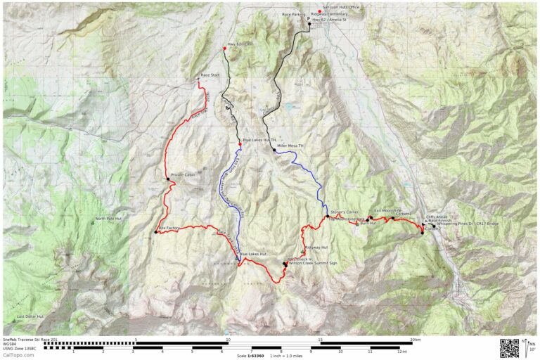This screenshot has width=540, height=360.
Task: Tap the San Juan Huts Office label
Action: [x=340, y=8]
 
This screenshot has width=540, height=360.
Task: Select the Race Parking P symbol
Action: [x=309, y=19]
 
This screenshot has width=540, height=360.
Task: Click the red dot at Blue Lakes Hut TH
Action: [x=240, y=144]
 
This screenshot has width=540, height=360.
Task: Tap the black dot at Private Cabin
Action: [x=167, y=180]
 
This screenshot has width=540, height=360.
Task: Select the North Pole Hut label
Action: [x=109, y=218]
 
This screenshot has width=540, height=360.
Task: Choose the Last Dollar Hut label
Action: [x=30, y=316]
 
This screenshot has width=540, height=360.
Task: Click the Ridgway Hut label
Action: [x=316, y=247]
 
